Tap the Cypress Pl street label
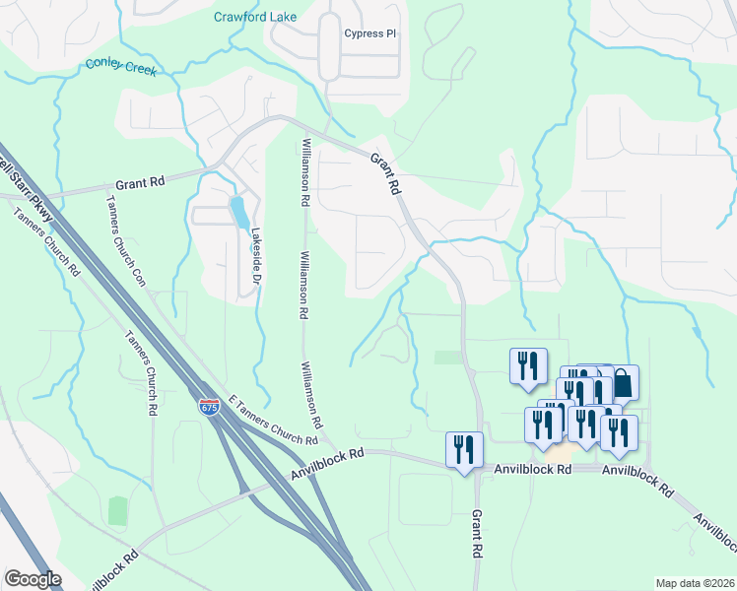(369, 33)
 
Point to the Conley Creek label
(121, 67)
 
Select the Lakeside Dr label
(255, 262)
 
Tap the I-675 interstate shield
(209, 407)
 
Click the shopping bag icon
(622, 382)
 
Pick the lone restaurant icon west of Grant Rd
(464, 449)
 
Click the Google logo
(33, 579)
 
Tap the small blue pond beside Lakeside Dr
(237, 211)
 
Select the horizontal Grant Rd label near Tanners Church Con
(140, 182)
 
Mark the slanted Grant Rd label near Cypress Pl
(386, 172)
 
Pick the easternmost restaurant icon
(619, 432)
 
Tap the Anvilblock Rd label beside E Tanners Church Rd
(328, 463)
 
